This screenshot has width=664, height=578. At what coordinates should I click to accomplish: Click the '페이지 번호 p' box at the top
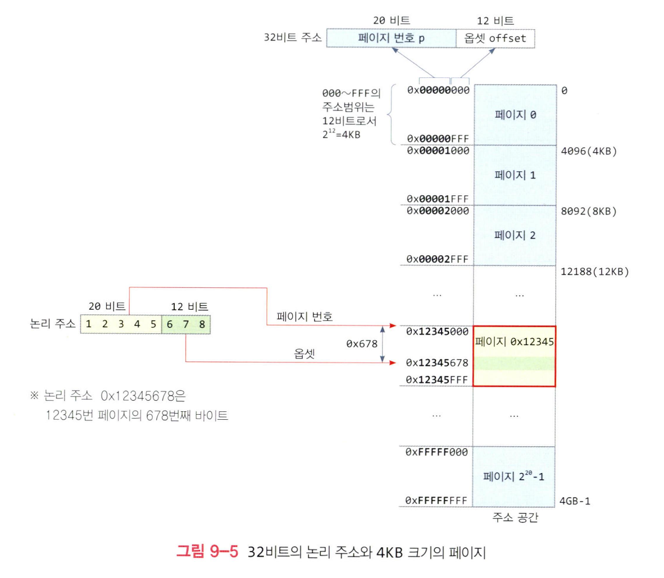pos(391,38)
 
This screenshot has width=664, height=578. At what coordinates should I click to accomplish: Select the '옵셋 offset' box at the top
pos(495,38)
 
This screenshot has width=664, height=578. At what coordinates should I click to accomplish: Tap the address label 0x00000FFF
pos(438,139)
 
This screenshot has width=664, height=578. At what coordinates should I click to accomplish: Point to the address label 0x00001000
pos(438,150)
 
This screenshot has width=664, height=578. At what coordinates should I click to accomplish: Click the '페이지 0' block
pos(515,115)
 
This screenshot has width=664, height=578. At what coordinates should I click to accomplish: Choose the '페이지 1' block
pos(515,175)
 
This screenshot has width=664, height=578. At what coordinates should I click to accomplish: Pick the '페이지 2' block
pos(515,235)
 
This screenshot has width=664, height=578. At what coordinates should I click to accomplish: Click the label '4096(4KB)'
pos(589,151)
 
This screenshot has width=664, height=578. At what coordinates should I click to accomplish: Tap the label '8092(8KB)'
pos(589,212)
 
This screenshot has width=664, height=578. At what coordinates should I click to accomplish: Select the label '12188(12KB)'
pos(595,272)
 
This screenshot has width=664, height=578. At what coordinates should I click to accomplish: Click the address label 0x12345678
pos(437,363)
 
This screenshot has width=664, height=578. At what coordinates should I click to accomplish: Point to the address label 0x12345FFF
pos(437,380)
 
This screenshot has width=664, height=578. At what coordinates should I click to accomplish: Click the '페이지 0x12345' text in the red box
pos(515,341)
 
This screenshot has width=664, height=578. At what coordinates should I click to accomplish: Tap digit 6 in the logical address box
pos(170,324)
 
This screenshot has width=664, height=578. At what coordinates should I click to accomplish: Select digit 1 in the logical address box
pos(89,324)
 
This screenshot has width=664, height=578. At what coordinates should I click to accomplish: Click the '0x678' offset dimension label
pos(362,344)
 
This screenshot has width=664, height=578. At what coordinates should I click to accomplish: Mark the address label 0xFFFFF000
pos(436,452)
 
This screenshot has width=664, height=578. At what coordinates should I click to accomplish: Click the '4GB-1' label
pos(575,501)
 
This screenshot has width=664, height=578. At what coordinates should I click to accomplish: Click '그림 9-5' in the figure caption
pos(207,552)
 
